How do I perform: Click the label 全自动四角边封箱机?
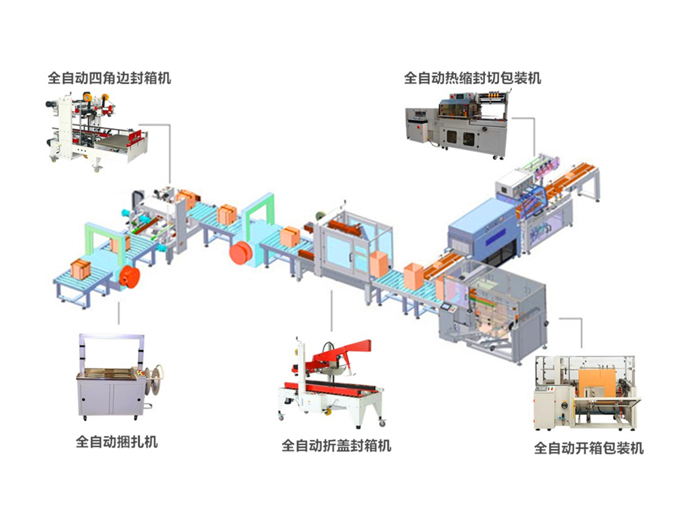(109, 78)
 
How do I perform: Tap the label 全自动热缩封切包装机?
(473, 78)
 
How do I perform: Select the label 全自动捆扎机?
(117, 441)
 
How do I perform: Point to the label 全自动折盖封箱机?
(336, 446)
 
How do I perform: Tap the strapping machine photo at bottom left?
(118, 378)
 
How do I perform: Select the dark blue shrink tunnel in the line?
(483, 230)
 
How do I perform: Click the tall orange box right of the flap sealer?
(379, 264)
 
